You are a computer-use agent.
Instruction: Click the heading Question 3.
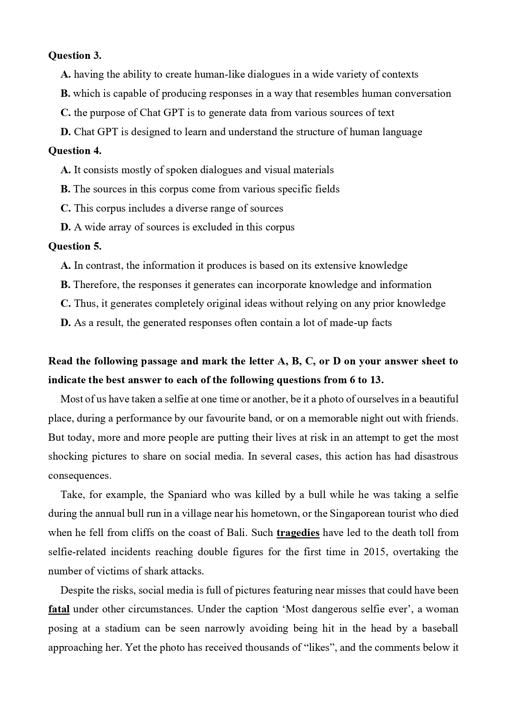[x=75, y=56]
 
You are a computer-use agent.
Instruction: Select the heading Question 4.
[x=75, y=151]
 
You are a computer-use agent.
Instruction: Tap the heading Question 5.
[x=75, y=246]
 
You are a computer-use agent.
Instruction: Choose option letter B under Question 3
[x=65, y=94]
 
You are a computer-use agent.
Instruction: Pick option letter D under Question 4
[x=65, y=227]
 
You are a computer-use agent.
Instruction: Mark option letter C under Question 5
[x=65, y=304]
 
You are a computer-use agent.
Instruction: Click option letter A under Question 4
[x=65, y=170]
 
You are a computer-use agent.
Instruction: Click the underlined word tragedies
[x=298, y=533]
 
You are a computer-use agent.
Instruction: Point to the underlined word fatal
[x=59, y=609]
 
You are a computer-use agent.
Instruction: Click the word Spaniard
[x=188, y=495]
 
